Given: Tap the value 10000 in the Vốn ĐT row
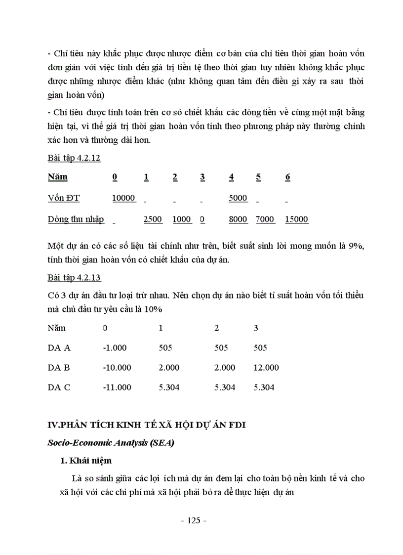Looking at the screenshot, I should click(x=123, y=198).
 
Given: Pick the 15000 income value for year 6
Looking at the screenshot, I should click(x=296, y=219).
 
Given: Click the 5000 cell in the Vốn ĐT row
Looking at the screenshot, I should click(x=238, y=198).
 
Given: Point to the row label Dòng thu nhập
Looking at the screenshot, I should click(x=76, y=219).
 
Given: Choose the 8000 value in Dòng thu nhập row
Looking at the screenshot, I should click(x=238, y=219).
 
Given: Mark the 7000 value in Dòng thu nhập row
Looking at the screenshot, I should click(x=265, y=219).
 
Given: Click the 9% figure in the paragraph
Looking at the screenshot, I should click(x=356, y=246).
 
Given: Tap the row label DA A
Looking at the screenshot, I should click(x=59, y=348).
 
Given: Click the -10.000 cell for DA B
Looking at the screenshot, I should click(x=117, y=368).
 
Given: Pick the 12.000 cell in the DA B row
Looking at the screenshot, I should click(x=266, y=368).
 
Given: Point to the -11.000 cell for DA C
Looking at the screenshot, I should click(x=117, y=387).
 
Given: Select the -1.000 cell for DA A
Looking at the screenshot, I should click(x=115, y=348).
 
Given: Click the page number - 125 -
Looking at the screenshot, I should click(x=194, y=520).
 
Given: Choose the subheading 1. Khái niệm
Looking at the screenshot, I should click(x=85, y=461).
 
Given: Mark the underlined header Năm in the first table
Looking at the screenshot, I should click(x=58, y=177).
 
